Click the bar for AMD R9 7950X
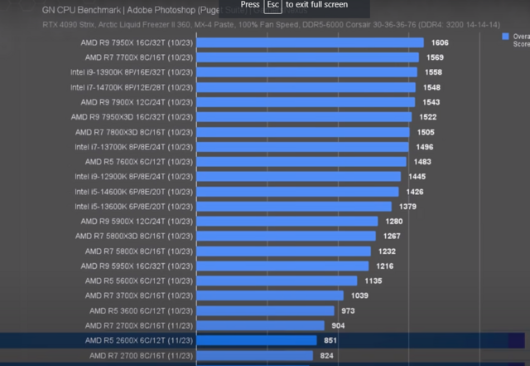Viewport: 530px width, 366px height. pos(310,42)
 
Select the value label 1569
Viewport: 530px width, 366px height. pos(434,57)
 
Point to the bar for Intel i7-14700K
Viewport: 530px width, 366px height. pos(306,87)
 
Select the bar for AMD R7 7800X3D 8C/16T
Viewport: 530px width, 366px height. pos(303,132)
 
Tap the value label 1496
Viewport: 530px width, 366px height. pos(424,147)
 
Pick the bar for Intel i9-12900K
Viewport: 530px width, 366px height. pos(298,177)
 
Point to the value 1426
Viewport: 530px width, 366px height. pos(415,192)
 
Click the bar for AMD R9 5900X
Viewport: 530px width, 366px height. pos(287,222)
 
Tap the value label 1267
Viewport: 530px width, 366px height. pos(392,237)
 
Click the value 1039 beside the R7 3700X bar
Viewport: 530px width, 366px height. pos(359,295)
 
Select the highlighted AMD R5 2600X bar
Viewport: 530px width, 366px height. pos(256,340)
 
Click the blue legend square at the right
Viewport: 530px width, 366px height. pos(505,37)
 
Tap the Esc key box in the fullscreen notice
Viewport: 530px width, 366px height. pos(272,5)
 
